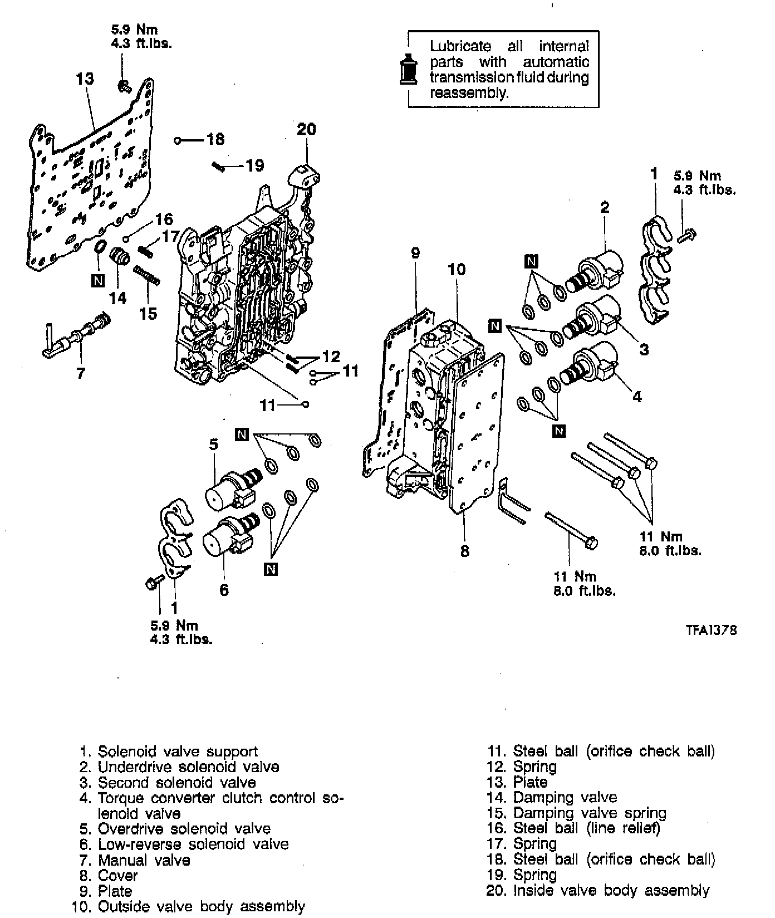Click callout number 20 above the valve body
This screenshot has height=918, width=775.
(x=306, y=129)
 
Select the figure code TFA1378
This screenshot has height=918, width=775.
(x=711, y=630)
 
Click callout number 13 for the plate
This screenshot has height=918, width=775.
(x=85, y=79)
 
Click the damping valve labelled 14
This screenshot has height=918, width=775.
(x=119, y=258)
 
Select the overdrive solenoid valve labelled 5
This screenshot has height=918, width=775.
(x=231, y=487)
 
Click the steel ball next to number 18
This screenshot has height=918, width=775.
(x=178, y=140)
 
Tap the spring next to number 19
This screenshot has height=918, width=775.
(x=219, y=165)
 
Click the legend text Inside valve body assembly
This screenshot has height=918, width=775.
(x=611, y=891)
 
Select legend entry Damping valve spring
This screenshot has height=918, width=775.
(x=589, y=813)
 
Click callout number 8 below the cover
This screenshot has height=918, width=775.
(x=465, y=551)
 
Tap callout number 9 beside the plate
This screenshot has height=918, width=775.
(x=415, y=253)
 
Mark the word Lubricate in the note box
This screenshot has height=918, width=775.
(x=460, y=46)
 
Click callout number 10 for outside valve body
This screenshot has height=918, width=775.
(x=457, y=270)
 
